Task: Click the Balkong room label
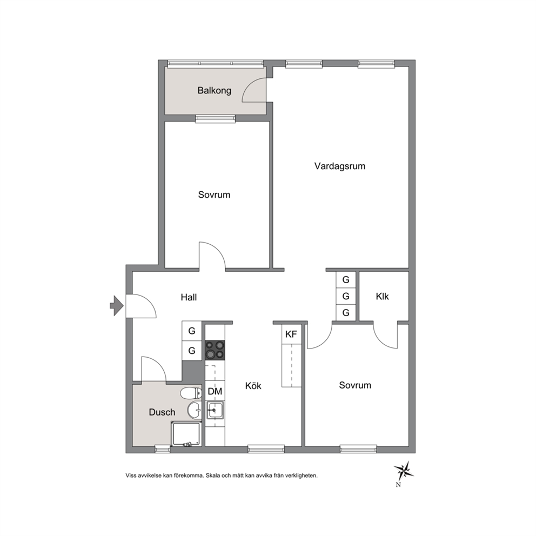[215, 91]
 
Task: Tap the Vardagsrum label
[340, 166]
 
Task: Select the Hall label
[189, 297]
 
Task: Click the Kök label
[253, 386]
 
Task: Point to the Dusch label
[162, 412]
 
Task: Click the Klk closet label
[382, 297]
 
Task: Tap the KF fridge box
[291, 334]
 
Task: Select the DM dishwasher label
[215, 391]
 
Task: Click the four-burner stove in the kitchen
[215, 350]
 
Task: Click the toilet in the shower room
[191, 393]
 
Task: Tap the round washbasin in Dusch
[195, 410]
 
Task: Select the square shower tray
[186, 434]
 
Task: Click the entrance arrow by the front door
[117, 305]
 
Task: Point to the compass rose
[404, 471]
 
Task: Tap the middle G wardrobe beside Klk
[346, 296]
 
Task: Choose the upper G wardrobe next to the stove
[192, 331]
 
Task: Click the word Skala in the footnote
[213, 475]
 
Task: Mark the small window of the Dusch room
[163, 449]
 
